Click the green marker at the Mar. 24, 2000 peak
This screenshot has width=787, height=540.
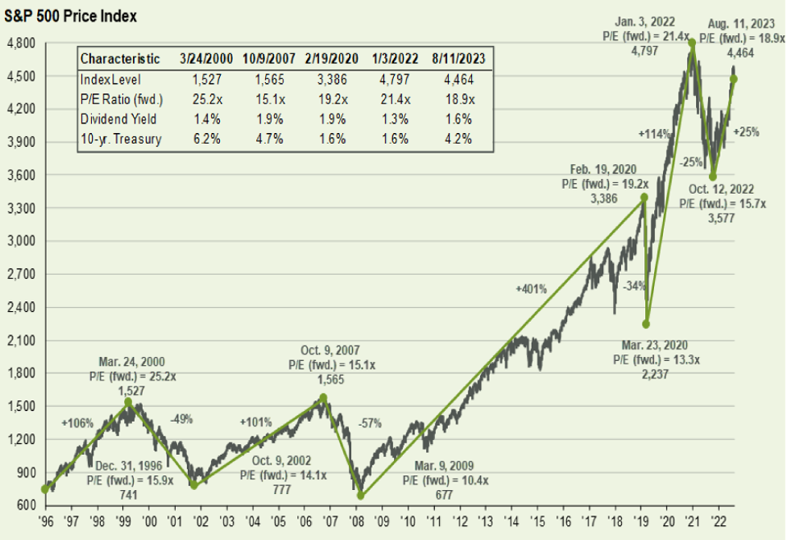click(128, 401)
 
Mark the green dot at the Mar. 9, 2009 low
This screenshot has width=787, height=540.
click(360, 496)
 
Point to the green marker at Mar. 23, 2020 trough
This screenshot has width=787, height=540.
click(647, 323)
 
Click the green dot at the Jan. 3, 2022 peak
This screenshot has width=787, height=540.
click(692, 42)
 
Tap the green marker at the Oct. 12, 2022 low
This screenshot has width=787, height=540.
click(713, 176)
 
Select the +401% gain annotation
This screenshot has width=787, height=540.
click(531, 289)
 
